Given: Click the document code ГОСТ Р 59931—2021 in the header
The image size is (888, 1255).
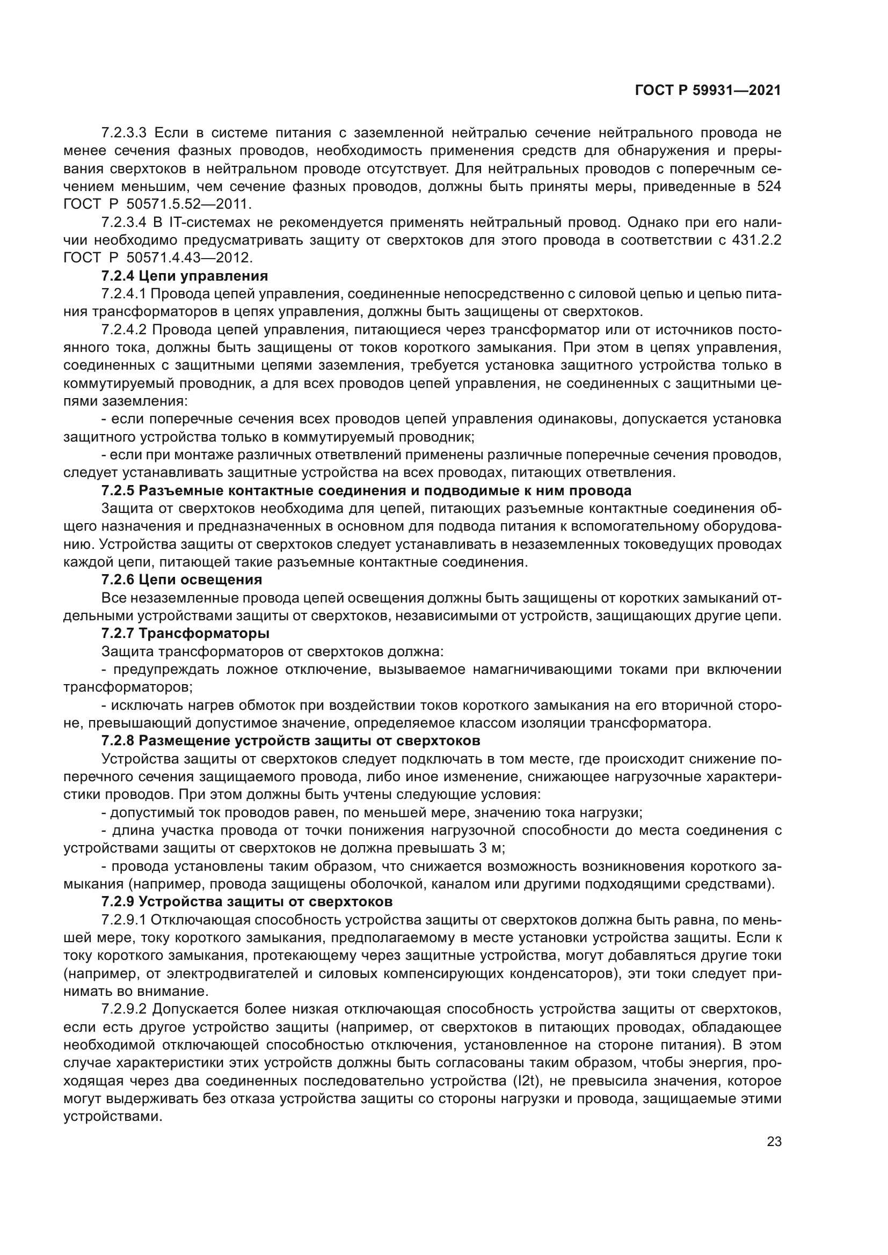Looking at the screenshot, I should pyautogui.click(x=708, y=91).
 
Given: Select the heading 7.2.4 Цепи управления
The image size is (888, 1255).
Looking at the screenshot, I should pyautogui.click(x=185, y=276).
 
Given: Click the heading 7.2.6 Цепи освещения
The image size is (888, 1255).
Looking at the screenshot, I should pyautogui.click(x=181, y=579).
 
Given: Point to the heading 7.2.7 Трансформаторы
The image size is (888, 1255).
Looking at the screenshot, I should pyautogui.click(x=185, y=634).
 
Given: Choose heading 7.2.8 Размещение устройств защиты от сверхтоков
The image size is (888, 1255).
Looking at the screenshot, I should pyautogui.click(x=291, y=741).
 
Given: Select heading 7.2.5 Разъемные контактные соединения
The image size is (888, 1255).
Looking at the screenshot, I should pyautogui.click(x=366, y=490).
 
